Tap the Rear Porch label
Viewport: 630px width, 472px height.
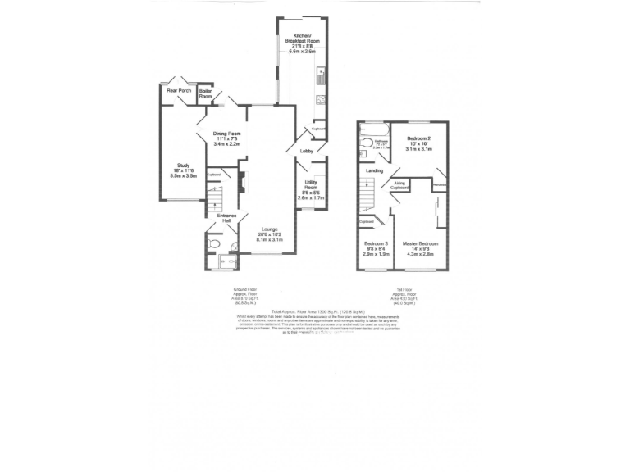(179, 90)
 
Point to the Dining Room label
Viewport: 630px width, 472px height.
(227, 134)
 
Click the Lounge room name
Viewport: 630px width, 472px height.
(270, 229)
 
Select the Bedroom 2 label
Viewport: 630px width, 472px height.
(418, 139)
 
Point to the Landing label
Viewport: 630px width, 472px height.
(374, 170)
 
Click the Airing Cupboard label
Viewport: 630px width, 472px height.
(400, 185)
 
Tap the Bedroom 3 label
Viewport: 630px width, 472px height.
(376, 244)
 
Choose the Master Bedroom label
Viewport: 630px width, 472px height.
(420, 244)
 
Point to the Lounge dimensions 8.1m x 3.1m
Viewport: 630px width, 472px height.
(270, 240)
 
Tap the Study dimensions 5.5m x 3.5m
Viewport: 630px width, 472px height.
(184, 176)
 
